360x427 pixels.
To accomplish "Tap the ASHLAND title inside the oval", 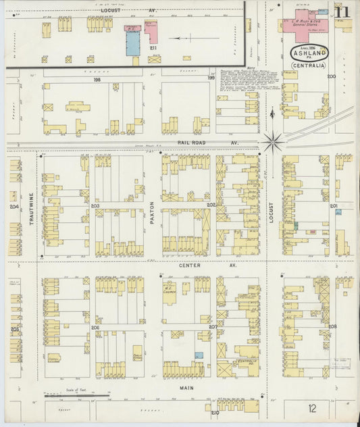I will pos(311,53).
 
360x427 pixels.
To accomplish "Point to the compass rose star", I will pos(273,141).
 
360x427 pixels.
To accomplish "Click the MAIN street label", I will pos(187,388).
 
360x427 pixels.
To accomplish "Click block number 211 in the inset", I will pos(153,49).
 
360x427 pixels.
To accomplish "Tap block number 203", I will pos(95,206).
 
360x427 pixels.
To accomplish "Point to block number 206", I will pos(95,328).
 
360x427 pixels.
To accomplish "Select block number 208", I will pos(332,326).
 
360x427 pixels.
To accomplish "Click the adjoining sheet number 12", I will pos(312,408).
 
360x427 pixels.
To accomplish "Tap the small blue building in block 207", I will pos(198,355).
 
